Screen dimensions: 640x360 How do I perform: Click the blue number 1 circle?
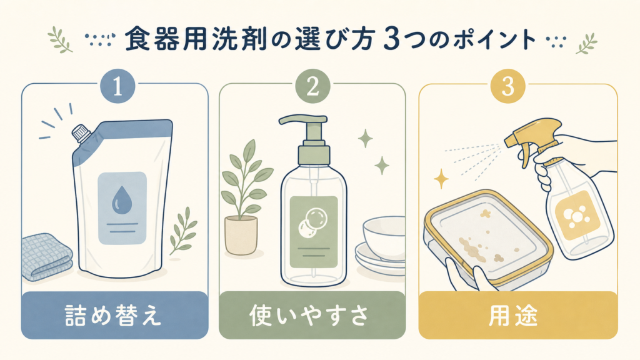click(117, 86)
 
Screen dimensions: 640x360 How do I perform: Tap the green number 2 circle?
click(312, 86)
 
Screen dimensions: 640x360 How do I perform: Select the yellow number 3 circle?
click(507, 86)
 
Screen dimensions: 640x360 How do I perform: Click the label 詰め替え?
click(114, 316)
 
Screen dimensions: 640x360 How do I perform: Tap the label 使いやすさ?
click(309, 316)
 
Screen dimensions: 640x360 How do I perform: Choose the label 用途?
click(512, 316)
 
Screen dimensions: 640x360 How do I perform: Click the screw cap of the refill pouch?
click(81, 133)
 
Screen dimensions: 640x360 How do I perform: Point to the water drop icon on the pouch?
click(121, 201)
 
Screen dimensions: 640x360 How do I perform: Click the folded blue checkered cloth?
click(46, 256)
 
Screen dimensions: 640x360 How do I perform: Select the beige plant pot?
click(241, 236)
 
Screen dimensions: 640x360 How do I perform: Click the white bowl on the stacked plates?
click(384, 234)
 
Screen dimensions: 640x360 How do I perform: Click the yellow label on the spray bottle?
click(577, 216)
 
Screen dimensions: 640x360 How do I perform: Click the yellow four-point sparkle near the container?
click(441, 179)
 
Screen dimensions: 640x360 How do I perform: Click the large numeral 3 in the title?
click(391, 39)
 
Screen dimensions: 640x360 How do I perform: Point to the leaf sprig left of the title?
click(60, 39)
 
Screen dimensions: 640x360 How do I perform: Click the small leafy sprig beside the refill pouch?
click(183, 231)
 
